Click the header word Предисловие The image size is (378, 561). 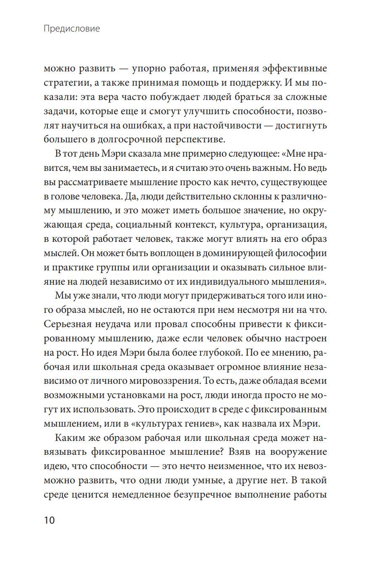click(x=72, y=29)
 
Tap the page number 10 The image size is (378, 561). click(x=50, y=520)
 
